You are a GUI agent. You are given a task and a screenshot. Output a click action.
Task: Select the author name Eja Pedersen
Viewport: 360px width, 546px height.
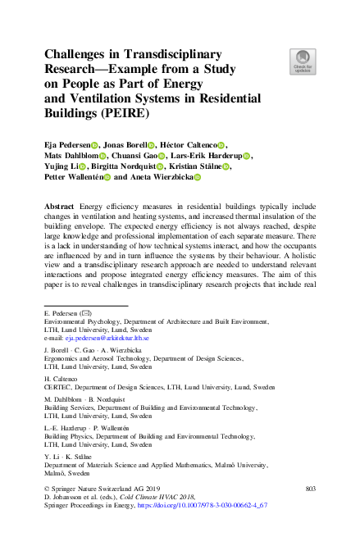pyautogui.click(x=66, y=144)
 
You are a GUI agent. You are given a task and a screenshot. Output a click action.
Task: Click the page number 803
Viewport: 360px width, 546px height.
pyautogui.click(x=309, y=489)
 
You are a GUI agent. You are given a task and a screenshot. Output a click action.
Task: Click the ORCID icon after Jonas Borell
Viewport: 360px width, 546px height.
pyautogui.click(x=151, y=145)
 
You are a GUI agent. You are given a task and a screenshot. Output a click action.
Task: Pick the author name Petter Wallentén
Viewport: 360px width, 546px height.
pyautogui.click(x=76, y=177)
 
